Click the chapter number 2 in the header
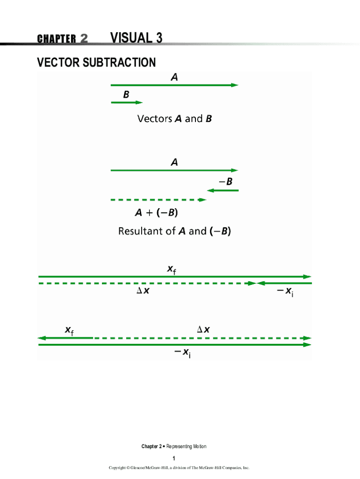coord(84,38)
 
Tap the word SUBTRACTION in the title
coord(119,62)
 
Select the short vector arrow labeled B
coord(127,102)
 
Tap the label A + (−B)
coord(156,213)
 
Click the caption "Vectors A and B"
coord(174,119)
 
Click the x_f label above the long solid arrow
coord(172,270)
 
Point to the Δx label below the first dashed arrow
coord(143,291)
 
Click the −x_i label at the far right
coord(285,292)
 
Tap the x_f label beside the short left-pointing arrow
coord(69,331)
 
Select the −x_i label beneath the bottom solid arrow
coord(182,353)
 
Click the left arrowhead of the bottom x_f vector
coord(41,338)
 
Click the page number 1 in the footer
coord(173,458)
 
